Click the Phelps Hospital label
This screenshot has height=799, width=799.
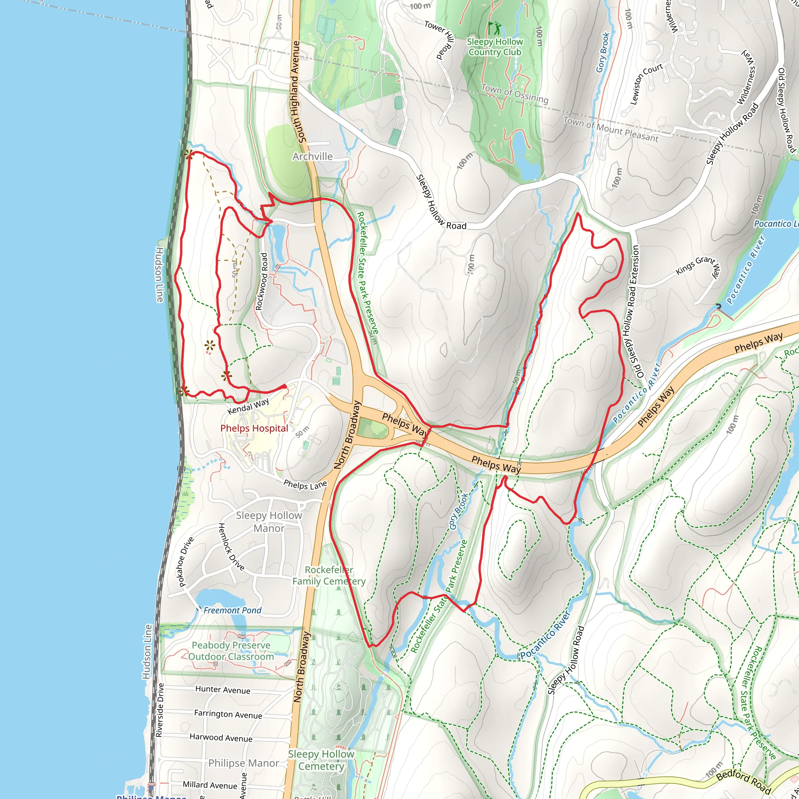[x=254, y=428]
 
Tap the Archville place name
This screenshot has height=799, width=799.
[x=312, y=156]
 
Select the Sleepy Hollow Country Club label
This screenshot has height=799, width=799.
[x=495, y=47]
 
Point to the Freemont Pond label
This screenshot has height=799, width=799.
[x=232, y=611]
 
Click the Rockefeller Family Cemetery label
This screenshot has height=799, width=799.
[x=329, y=576]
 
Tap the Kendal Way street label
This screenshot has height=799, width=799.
[x=248, y=406]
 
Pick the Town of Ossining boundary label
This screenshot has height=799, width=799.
[x=515, y=94]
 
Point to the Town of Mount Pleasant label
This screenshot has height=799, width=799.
[x=611, y=129]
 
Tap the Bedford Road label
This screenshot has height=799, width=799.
[x=743, y=781]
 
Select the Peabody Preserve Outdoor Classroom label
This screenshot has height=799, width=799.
[x=231, y=651]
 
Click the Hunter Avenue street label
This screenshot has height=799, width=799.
[x=222, y=689]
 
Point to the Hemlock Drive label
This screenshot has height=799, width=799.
[x=231, y=547]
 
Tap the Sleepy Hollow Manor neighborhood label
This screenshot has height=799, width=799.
[x=269, y=522]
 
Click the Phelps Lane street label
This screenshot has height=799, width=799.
[x=305, y=485]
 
